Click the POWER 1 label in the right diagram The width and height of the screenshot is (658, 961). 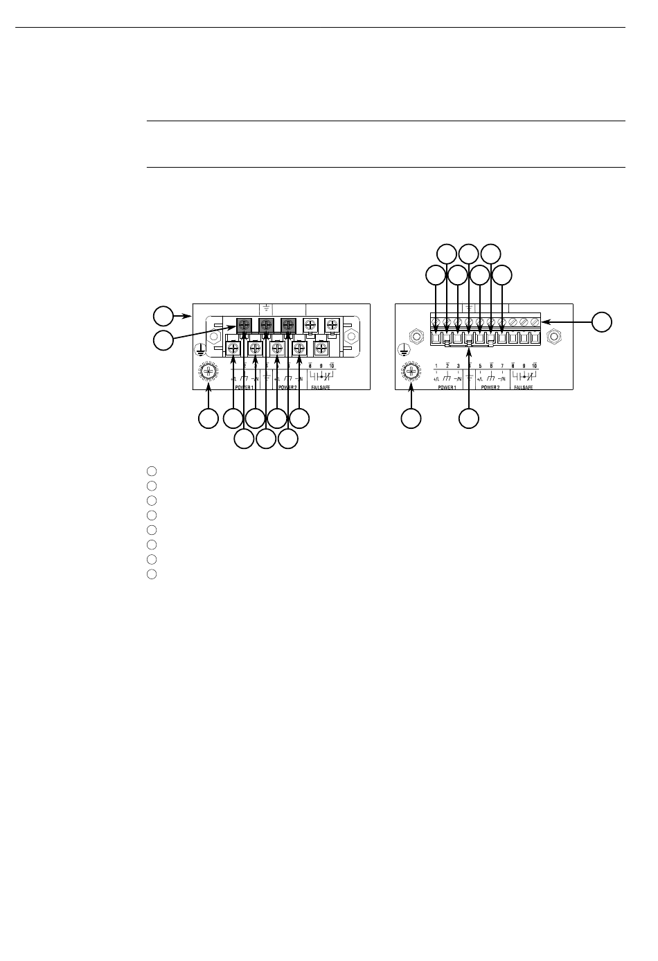coord(447,387)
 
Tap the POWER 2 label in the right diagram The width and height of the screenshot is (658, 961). coord(490,387)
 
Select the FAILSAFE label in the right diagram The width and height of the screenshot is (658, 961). coord(524,387)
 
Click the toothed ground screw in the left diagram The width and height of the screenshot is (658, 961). coord(209,372)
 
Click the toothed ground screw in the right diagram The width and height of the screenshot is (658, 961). coord(411,372)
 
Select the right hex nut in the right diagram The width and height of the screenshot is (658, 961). coord(553,337)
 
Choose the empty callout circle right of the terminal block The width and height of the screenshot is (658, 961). coord(602,321)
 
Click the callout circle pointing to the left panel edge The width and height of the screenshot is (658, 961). coord(163,317)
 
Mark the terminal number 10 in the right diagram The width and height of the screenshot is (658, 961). coord(534,365)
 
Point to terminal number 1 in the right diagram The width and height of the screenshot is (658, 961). coord(436,365)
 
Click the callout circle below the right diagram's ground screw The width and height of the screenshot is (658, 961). coord(411,418)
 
